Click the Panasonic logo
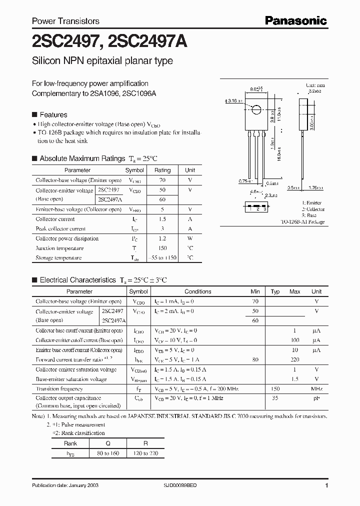(295, 20)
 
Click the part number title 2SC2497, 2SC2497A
(109, 42)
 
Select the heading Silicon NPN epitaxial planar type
(102, 61)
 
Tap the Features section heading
(53, 114)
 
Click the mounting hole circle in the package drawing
(256, 110)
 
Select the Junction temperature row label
(59, 248)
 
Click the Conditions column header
(197, 291)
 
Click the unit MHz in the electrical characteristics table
(316, 388)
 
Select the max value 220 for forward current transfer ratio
(294, 359)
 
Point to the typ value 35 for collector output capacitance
(274, 398)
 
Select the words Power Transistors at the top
(65, 21)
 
